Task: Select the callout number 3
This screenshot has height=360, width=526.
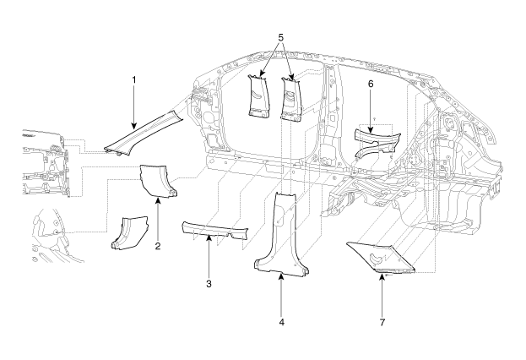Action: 209,283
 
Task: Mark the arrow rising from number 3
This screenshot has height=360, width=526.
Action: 209,259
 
